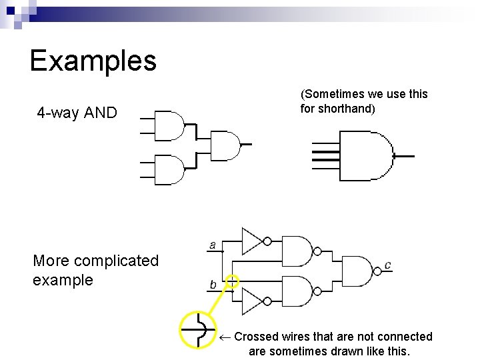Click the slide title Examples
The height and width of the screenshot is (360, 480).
coord(93,61)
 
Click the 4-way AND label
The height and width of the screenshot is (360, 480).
coord(77,113)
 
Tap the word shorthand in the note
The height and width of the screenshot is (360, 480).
coord(347,109)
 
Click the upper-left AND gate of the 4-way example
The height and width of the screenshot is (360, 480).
coord(169,125)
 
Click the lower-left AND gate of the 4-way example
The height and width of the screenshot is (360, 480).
coord(169,169)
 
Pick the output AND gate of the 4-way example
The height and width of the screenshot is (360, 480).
coord(225,146)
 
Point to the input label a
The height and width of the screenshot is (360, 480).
coord(212,245)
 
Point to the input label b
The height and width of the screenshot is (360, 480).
coord(213,285)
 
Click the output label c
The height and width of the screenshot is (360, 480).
coord(387,265)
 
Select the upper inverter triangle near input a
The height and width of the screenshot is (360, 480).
coord(251,241)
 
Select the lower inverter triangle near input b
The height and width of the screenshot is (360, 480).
coord(251,301)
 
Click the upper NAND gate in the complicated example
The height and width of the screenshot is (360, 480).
coord(297,251)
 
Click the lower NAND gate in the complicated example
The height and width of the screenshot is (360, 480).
coord(297,291)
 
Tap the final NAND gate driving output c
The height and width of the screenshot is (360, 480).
coord(357,271)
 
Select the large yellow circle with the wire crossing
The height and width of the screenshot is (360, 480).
coord(199,329)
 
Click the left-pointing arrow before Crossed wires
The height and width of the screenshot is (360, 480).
coord(225,337)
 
